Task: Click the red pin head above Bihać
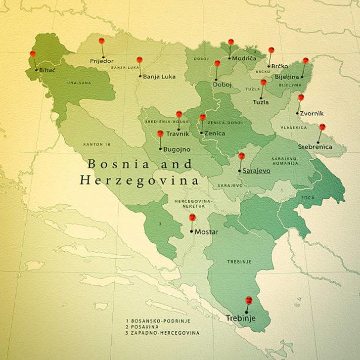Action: (33, 54)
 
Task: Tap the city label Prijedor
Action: (101, 61)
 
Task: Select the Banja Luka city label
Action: (159, 77)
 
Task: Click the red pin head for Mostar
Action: (192, 217)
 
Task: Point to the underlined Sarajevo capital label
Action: (257, 171)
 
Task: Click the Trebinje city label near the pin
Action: (241, 318)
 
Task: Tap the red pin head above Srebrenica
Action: (322, 127)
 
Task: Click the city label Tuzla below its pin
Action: (261, 102)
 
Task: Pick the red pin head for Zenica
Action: (202, 117)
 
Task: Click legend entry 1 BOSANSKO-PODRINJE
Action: (158, 321)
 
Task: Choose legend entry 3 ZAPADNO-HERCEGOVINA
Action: (163, 333)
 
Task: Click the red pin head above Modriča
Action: (231, 42)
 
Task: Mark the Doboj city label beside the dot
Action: (222, 85)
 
